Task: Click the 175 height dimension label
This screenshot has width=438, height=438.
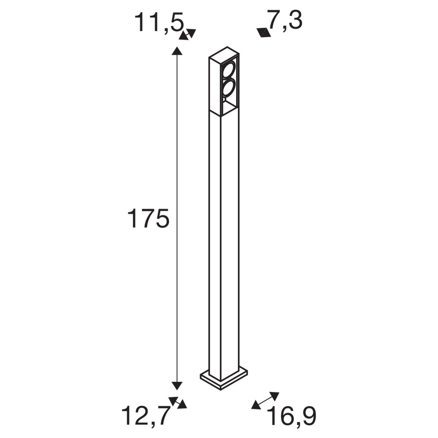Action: [x=148, y=219]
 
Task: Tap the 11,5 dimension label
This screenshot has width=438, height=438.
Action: [x=159, y=23]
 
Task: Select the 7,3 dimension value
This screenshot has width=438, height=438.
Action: [x=285, y=20]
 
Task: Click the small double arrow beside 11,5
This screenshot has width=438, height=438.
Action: [x=188, y=34]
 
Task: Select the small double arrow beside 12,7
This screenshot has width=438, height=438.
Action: [x=178, y=403]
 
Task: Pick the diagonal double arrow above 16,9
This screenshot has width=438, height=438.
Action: [x=265, y=400]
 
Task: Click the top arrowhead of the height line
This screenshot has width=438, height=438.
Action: [x=177, y=51]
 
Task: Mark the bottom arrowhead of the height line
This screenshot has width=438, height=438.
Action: [x=177, y=385]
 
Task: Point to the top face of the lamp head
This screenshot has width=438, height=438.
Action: [x=224, y=53]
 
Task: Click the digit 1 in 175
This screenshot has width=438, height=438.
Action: [x=132, y=219]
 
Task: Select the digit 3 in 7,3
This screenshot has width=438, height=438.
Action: [x=295, y=20]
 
